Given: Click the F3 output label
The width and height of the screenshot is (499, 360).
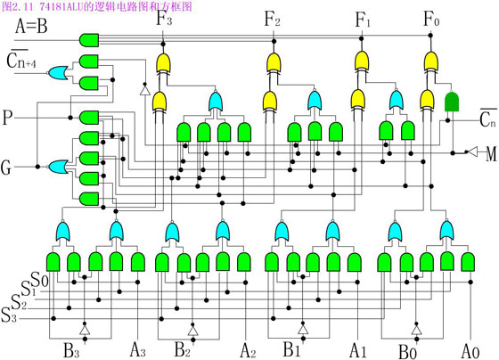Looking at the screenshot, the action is point(164,19).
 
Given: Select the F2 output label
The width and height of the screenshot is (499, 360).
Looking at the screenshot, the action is point(273,19).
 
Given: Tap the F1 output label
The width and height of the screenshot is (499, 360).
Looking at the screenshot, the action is point(363,20).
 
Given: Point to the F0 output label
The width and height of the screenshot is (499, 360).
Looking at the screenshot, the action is point(431,19).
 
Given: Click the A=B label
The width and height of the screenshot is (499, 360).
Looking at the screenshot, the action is point(31,26).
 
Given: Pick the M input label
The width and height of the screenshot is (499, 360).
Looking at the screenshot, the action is point(491,154).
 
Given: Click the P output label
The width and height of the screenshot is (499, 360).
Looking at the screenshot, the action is point(7,118).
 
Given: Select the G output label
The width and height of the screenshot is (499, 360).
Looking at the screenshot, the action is point(6,168).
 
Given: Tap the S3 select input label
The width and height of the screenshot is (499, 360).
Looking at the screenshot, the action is point(9,315).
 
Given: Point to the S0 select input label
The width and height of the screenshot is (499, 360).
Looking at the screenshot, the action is point(39,280).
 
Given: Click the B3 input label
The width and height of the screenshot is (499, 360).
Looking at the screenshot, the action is point(70,350).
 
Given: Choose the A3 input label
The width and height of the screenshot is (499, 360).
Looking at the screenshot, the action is point(138,350).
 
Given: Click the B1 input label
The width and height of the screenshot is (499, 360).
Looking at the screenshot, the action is point(292,349).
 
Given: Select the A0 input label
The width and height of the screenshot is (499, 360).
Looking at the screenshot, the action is point(470,351).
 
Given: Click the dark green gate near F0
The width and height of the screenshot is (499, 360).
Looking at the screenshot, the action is point(452,102).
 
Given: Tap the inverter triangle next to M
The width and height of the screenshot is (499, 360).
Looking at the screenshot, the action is point(473,151).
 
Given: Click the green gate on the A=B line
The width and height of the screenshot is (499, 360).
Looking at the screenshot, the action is point(89,40).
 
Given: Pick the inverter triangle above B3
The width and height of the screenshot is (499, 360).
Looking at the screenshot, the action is point(85,330).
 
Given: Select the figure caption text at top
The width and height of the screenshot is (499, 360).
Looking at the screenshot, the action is point(97,6).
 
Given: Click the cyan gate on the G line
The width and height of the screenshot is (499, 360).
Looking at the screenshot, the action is point(58,167).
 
